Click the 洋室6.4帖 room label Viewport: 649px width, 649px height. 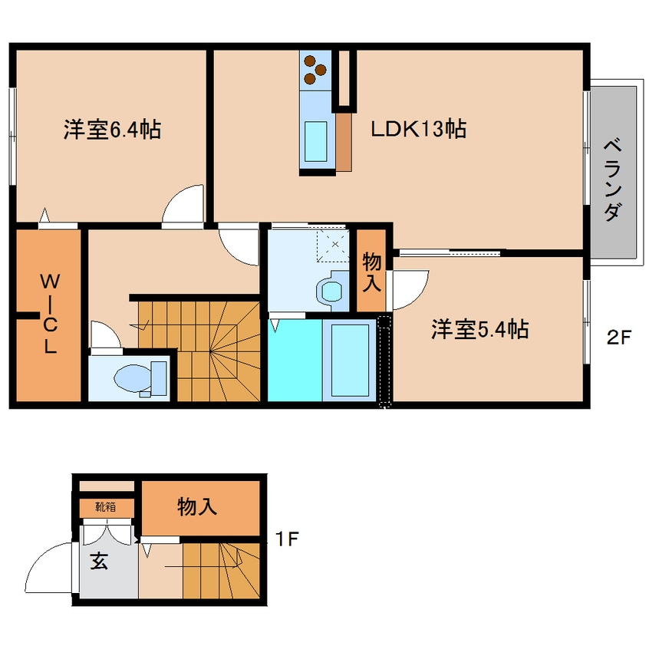click(x=112, y=129)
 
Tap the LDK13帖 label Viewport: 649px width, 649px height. click(x=418, y=129)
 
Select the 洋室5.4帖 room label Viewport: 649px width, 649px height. click(x=479, y=329)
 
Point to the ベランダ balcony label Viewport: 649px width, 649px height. click(x=613, y=180)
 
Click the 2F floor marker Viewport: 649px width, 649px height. click(x=619, y=338)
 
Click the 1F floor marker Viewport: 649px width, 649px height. click(x=287, y=539)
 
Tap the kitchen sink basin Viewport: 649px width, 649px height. click(x=316, y=142)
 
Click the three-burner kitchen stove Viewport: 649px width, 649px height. click(x=315, y=71)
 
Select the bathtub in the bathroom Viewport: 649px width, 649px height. click(x=350, y=360)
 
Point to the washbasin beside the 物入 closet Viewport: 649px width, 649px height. click(x=331, y=291)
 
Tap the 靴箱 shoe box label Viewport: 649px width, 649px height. click(x=106, y=506)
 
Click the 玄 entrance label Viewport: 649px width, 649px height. click(x=99, y=562)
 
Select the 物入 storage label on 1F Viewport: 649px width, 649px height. click(x=197, y=506)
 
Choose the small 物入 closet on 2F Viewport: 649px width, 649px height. click(x=372, y=270)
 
